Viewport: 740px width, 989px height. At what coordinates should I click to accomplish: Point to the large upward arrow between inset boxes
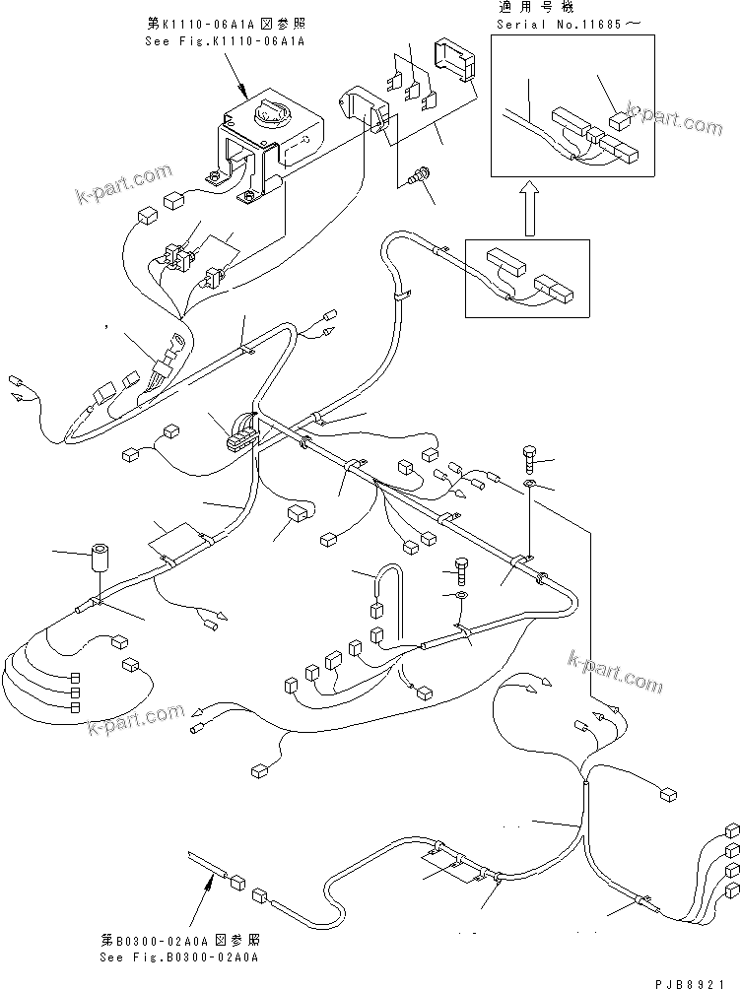pyautogui.click(x=528, y=208)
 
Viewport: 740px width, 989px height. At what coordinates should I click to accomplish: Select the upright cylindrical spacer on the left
pyautogui.click(x=99, y=559)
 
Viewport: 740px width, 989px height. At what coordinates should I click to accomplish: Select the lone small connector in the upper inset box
pyautogui.click(x=620, y=121)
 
